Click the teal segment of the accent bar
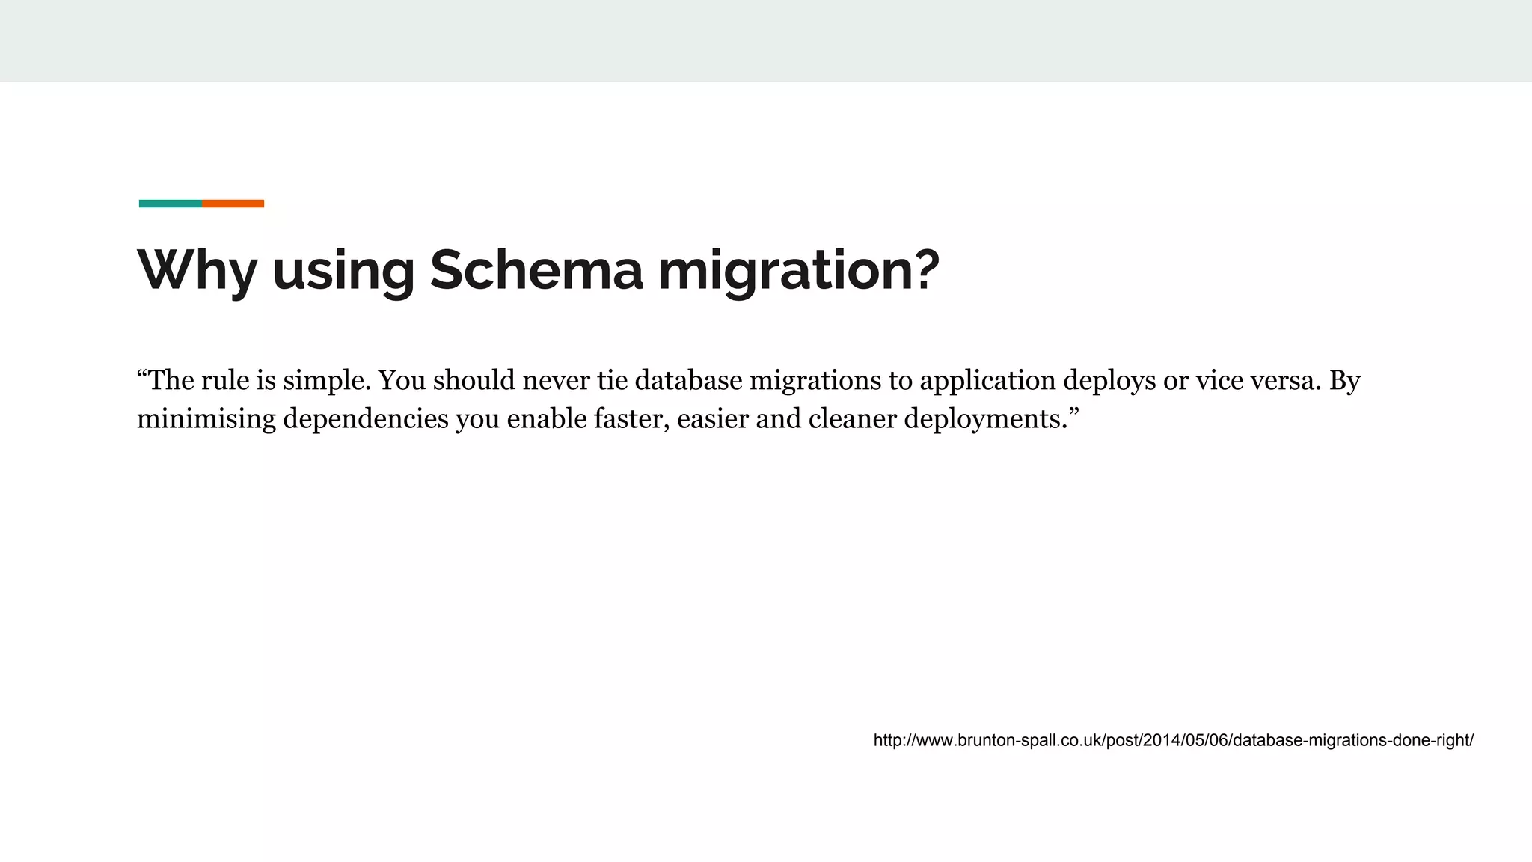[x=171, y=204]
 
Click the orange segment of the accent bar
[x=233, y=204]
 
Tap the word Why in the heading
[x=197, y=270]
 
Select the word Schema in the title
[x=536, y=270]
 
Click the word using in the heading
[x=343, y=270]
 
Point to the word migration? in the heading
[x=798, y=270]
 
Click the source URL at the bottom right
[x=1173, y=741]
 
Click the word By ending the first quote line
[x=1345, y=381]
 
